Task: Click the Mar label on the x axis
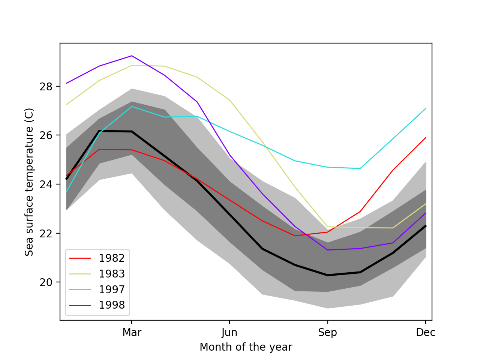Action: pos(132,333)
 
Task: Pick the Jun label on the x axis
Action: pos(229,333)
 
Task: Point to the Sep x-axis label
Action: pos(328,333)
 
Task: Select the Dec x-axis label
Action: pos(426,333)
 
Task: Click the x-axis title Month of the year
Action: pos(246,347)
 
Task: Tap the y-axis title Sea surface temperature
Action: pos(29,182)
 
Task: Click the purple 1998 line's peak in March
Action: pos(132,56)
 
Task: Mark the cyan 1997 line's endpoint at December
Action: pos(426,108)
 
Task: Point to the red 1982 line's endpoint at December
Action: pos(426,138)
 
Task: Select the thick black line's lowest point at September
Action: pos(328,275)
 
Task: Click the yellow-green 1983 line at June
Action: pos(229,100)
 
